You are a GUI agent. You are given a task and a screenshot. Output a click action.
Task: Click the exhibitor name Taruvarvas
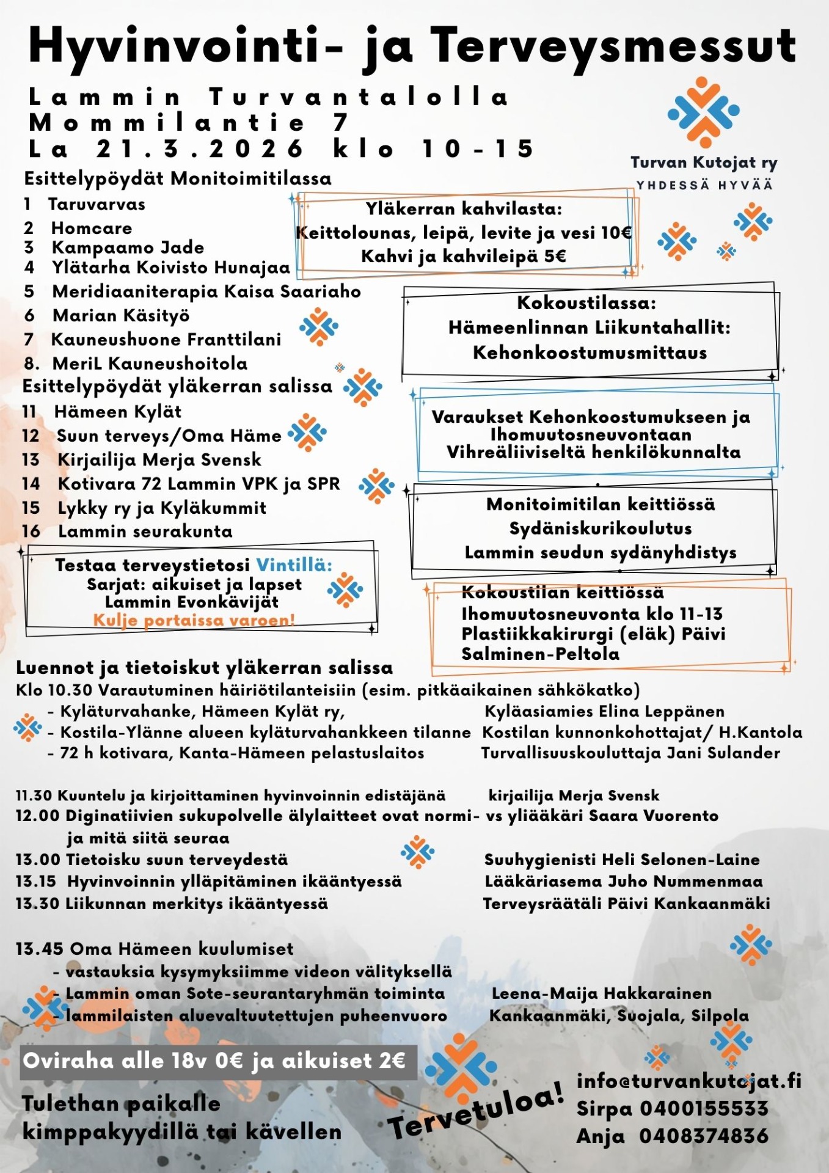(x=97, y=204)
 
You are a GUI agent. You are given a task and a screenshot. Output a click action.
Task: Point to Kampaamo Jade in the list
(x=128, y=247)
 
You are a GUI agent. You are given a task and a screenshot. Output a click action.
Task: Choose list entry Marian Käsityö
(x=121, y=315)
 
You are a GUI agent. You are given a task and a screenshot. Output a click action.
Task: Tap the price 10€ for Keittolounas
(x=616, y=233)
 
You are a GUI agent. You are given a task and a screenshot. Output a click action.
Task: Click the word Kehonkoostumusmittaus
(x=590, y=353)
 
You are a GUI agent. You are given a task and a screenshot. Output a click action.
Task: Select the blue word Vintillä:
(x=294, y=565)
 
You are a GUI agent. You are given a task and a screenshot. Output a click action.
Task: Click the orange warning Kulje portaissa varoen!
(x=194, y=620)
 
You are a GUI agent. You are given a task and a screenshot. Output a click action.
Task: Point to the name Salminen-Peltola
(x=540, y=654)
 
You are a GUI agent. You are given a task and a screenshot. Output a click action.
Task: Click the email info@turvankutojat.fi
(x=688, y=1081)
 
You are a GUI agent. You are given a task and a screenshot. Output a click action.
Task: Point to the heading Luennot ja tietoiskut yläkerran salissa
(x=204, y=668)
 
